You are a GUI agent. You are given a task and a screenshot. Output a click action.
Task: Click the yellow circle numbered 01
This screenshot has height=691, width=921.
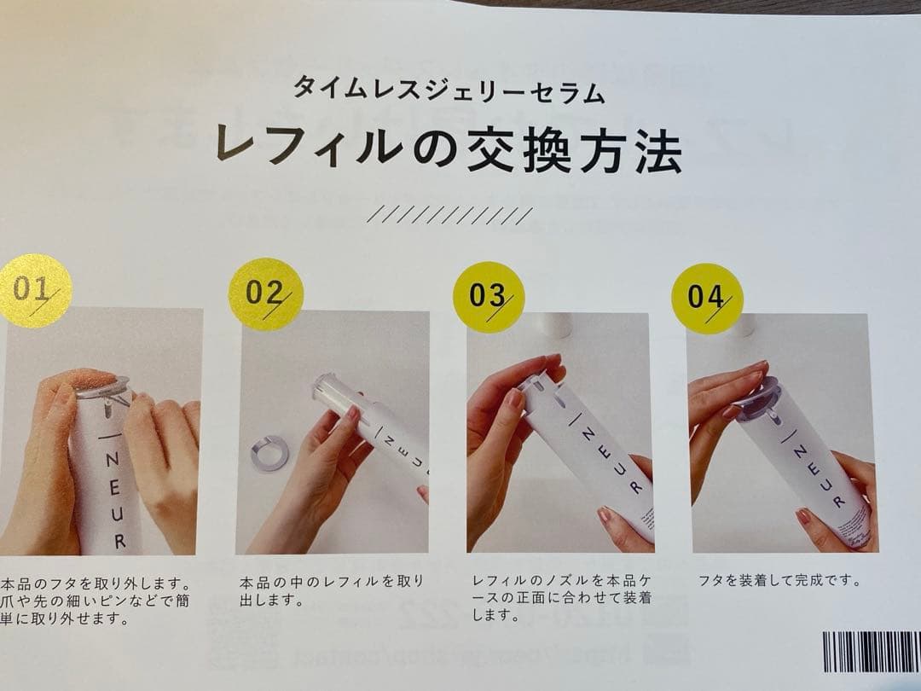pyautogui.click(x=35, y=290)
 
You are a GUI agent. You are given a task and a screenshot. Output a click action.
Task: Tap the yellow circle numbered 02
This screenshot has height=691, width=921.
pyautogui.click(x=266, y=293)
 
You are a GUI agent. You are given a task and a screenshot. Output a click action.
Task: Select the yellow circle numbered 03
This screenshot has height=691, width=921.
pyautogui.click(x=488, y=297)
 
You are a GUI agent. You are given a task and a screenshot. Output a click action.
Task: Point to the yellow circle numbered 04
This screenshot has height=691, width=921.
pyautogui.click(x=707, y=299)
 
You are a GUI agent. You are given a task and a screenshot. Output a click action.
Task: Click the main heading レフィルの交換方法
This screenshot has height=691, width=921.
pyautogui.click(x=449, y=150)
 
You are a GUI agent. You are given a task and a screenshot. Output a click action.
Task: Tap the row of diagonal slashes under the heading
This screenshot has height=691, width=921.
pyautogui.click(x=449, y=215)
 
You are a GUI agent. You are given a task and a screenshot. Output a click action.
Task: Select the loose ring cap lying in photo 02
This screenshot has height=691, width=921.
pyautogui.click(x=271, y=452)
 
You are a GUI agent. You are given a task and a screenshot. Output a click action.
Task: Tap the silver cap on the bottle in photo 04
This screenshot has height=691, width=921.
pyautogui.click(x=758, y=398)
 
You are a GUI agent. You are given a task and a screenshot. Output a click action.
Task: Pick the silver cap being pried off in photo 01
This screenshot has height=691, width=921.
pyautogui.click(x=103, y=389)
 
